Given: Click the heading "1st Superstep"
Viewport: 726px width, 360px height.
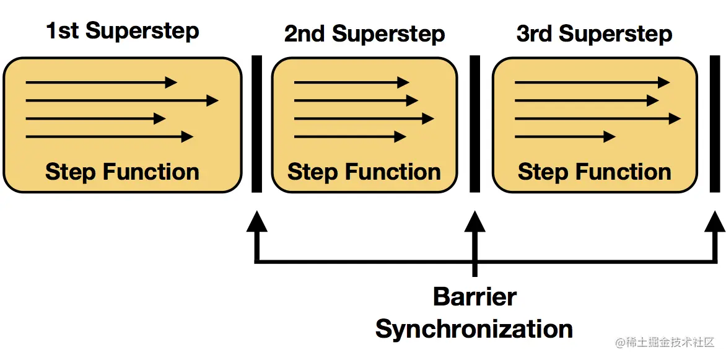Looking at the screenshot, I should pos(123,31).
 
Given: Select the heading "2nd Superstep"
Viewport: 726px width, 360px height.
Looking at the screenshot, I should pos(364,34).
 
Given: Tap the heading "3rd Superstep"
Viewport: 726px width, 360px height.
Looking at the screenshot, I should pos(594,34).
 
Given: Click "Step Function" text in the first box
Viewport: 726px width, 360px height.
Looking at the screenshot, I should pos(122,172).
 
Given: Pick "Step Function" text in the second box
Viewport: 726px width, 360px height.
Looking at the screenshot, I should pos(364,172).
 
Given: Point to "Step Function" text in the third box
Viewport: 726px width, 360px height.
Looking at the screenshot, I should pos(594,172).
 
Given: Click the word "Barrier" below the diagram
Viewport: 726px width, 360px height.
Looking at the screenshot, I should pos(475,297).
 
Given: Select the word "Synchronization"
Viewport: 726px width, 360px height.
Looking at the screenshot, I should pos(474,329).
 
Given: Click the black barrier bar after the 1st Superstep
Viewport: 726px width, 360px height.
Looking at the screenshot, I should pos(256,125).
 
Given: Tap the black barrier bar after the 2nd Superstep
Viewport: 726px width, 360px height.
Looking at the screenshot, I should pos(475,125).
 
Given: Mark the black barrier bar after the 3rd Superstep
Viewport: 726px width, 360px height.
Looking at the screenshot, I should pos(714,125).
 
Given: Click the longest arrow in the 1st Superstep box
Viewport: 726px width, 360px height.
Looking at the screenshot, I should pos(122,100).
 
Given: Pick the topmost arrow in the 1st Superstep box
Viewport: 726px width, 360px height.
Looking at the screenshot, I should pos(102,82).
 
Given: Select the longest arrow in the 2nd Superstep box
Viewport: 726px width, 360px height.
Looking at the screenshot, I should pos(364,118).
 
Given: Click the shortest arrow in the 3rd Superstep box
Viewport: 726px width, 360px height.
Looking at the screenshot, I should pos(565,137).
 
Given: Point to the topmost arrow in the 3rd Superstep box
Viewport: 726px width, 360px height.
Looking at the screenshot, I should pos(592,82).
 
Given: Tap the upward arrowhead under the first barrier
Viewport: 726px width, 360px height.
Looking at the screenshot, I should pos(256,222).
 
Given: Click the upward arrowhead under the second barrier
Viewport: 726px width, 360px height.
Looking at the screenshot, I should pos(475,222).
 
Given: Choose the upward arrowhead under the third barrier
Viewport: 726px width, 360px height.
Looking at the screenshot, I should pos(715,222).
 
